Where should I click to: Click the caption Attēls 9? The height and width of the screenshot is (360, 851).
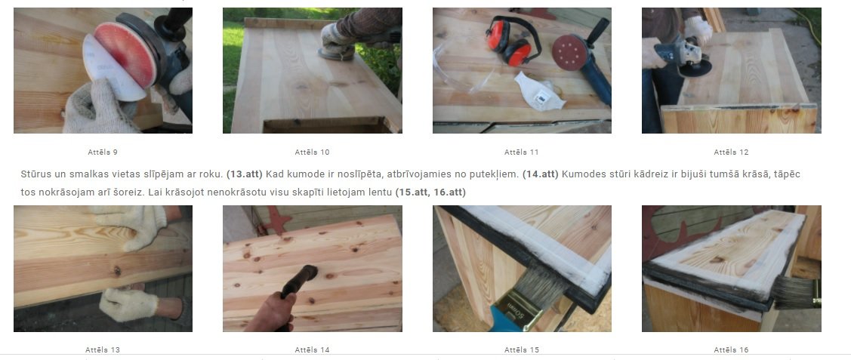[103, 152]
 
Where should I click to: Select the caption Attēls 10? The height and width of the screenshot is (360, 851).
[312, 152]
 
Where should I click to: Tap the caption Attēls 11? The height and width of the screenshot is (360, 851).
[522, 152]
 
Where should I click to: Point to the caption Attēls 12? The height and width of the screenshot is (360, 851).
[731, 152]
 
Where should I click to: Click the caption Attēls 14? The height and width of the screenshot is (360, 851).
[312, 350]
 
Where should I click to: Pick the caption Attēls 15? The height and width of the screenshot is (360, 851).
[522, 350]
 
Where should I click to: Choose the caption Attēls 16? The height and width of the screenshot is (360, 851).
[731, 350]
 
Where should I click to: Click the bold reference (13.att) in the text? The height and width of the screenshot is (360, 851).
[244, 174]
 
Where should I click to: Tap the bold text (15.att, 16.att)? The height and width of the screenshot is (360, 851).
[430, 192]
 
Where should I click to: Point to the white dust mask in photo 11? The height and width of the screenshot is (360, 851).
[539, 91]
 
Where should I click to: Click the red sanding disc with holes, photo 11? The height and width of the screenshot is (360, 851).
[570, 53]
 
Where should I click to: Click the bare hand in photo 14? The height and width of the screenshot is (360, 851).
[270, 312]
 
